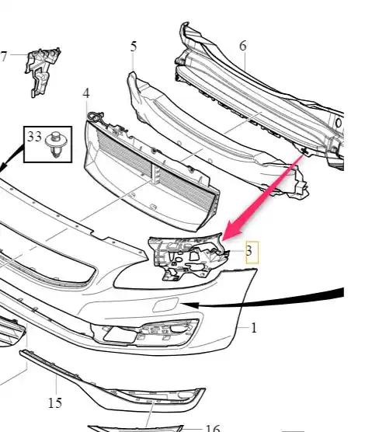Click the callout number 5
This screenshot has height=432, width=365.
pyautogui.click(x=134, y=47)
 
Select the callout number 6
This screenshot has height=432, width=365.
pyautogui.click(x=243, y=46)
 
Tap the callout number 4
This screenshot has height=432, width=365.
pyautogui.click(x=86, y=93)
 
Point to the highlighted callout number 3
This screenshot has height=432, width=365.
pyautogui.click(x=249, y=251)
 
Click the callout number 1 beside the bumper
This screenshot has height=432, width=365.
pyautogui.click(x=254, y=328)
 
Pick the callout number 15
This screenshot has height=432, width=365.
pyautogui.click(x=55, y=402)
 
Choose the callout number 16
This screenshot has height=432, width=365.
pyautogui.click(x=213, y=427)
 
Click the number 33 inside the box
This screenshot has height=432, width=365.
pyautogui.click(x=34, y=137)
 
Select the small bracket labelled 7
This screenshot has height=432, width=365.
pyautogui.click(x=43, y=72)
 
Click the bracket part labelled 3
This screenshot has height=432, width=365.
pyautogui.click(x=188, y=257)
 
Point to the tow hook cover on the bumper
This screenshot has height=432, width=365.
pyautogui.click(x=165, y=305)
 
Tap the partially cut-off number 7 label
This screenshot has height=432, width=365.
pyautogui.click(x=3, y=56)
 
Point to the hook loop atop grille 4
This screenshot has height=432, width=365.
pyautogui.click(x=95, y=116)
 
